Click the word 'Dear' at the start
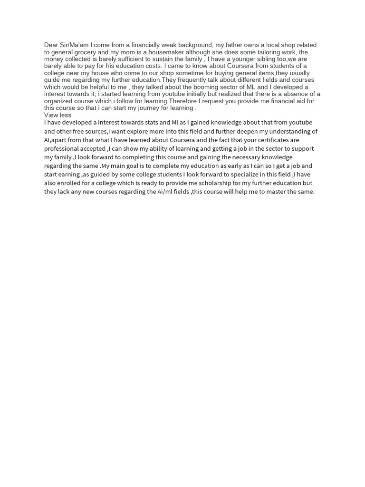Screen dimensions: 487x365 (x=51, y=45)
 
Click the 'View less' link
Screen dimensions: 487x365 (x=58, y=115)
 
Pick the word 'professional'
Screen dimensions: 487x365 (x=62, y=148)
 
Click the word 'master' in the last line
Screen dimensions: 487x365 (x=276, y=192)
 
